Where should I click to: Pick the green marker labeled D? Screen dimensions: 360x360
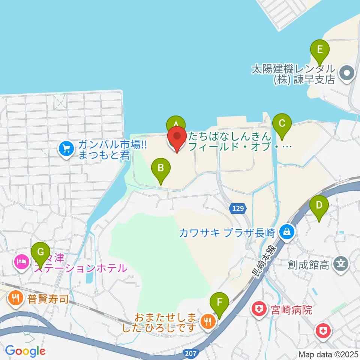319,205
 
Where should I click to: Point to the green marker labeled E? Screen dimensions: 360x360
319,49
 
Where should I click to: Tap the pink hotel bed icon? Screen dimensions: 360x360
21,261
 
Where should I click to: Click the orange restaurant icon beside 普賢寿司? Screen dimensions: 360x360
15,298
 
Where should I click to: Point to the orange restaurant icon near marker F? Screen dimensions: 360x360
206,321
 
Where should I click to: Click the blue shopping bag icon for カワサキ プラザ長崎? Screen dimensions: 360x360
287,232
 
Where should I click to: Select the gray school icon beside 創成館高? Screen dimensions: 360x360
341,265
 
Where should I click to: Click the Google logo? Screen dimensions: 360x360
25,351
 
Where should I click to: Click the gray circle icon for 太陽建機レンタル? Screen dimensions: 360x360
346,73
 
